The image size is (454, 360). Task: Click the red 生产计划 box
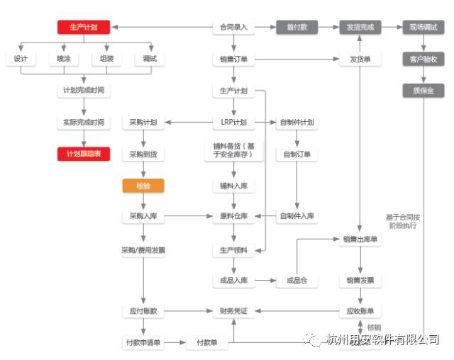pos(84,28)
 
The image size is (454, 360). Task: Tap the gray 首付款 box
pos(297,28)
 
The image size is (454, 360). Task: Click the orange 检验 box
pos(143,186)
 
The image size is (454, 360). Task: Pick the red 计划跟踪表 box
pos(84,154)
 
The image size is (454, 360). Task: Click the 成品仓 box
pos(297,281)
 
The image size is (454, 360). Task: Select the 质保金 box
pos(423,91)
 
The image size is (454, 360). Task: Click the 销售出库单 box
pos(360,240)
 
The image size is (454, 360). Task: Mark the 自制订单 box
pos(297,154)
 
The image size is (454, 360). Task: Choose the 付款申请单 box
pos(143,343)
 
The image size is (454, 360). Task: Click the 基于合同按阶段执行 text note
pos(402,221)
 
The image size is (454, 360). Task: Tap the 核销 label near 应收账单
pos(375,327)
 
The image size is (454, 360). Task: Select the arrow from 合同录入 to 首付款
pos(265,28)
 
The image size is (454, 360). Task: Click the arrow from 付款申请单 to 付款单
pos(175,343)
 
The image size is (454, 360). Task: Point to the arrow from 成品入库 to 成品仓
pos(265,281)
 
